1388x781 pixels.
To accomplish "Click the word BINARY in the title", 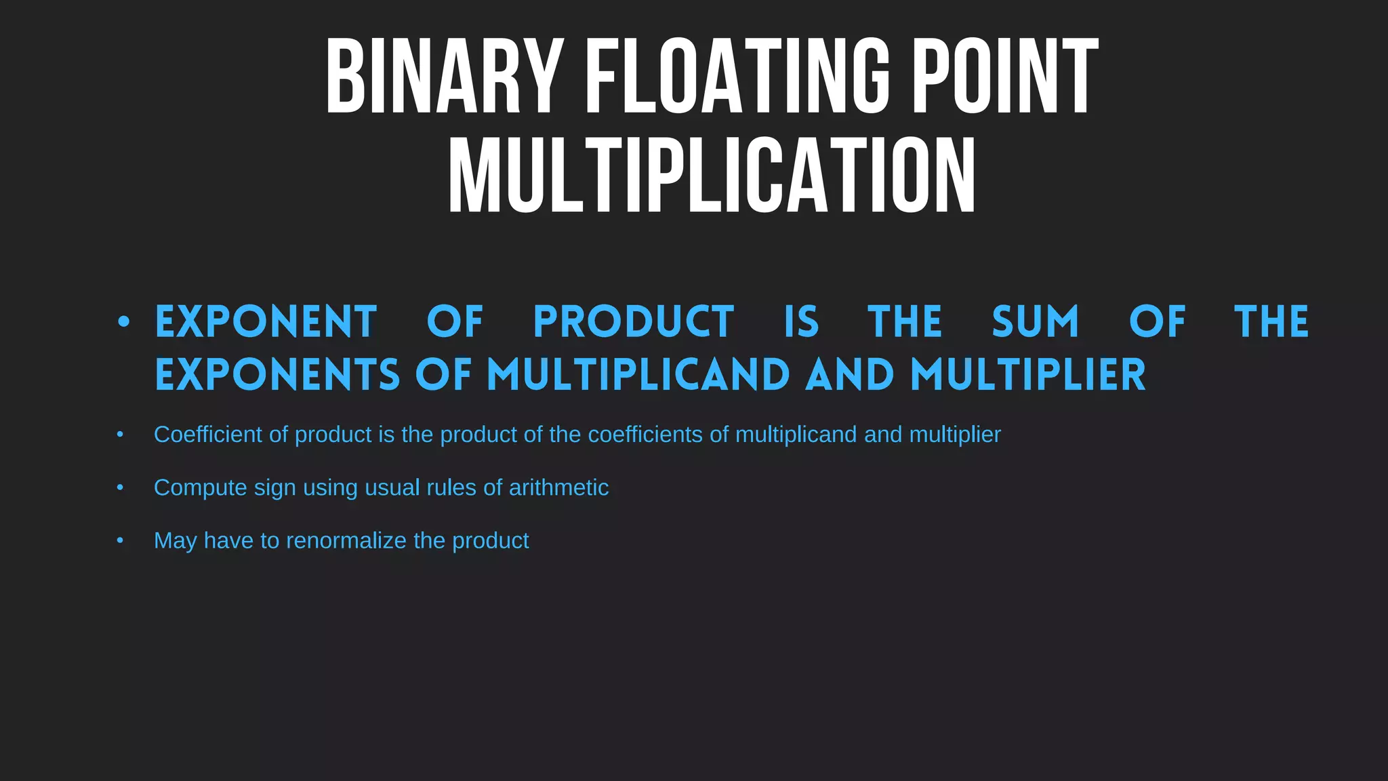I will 445,76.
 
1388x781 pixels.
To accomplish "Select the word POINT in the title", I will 1005,76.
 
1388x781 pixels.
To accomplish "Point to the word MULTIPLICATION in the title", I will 712,176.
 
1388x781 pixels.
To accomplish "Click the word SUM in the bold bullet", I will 1035,321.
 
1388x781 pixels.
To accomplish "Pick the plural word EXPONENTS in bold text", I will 278,375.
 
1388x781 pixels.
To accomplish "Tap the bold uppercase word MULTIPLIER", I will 1027,375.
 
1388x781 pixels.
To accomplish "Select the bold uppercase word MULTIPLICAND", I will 638,375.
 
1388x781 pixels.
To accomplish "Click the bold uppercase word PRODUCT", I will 634,321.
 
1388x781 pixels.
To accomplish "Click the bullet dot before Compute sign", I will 120,487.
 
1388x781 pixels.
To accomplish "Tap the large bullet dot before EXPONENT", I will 123,322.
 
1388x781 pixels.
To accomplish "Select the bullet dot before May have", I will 120,540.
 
